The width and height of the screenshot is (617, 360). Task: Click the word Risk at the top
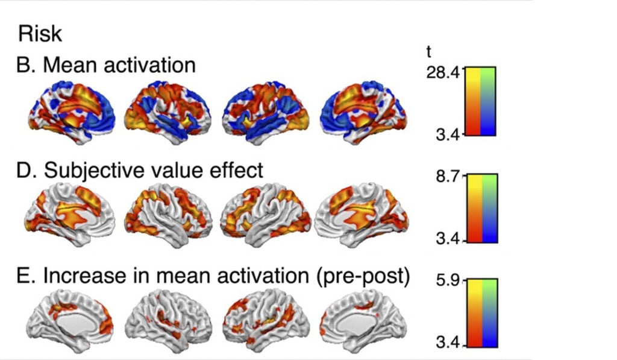pyautogui.click(x=40, y=34)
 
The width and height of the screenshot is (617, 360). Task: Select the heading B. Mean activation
pyautogui.click(x=106, y=65)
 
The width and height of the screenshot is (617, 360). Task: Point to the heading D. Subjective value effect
pyautogui.click(x=140, y=170)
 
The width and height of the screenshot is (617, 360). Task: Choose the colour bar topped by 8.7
pyautogui.click(x=481, y=208)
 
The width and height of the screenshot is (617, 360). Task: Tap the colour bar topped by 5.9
pyautogui.click(x=481, y=312)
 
